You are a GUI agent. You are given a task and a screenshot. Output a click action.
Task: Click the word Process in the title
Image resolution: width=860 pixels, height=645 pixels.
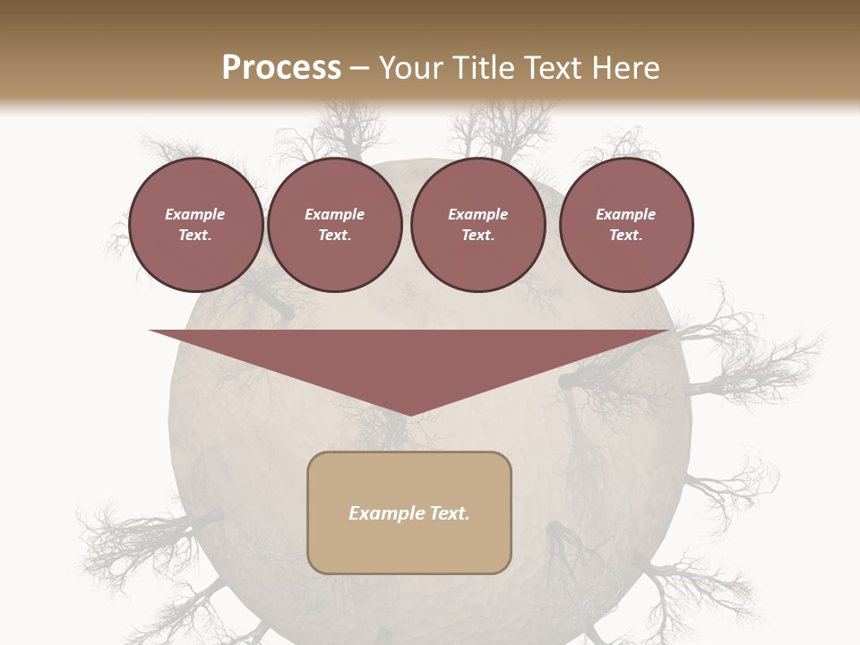click(x=281, y=68)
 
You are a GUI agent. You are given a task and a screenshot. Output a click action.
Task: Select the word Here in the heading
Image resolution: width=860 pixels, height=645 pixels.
click(x=625, y=68)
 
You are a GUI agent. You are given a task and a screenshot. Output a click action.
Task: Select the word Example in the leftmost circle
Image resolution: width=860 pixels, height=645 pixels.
click(x=195, y=214)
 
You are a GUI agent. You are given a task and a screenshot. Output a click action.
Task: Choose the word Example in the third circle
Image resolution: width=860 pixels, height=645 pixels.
click(x=477, y=214)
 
